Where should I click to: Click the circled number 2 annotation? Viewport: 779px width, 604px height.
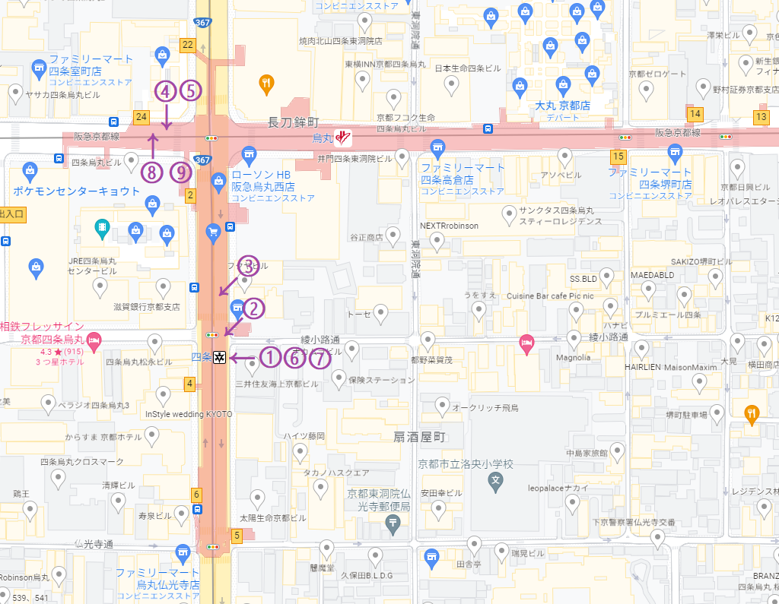[253, 308]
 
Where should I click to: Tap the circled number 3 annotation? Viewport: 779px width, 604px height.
[247, 267]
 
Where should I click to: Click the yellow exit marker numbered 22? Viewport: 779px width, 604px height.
[188, 45]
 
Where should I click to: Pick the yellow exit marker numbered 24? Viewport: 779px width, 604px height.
[141, 117]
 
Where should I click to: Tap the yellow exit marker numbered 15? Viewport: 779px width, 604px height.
[618, 157]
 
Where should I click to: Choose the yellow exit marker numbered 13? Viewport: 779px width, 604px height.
[761, 117]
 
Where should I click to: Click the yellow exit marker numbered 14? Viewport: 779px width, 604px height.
[695, 115]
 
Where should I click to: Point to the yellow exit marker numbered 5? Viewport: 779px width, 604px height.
[237, 536]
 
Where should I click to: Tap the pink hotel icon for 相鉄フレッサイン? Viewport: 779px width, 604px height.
[94, 340]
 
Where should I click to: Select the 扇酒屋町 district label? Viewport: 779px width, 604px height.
[418, 438]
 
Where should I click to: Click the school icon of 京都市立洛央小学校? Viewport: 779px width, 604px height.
[495, 480]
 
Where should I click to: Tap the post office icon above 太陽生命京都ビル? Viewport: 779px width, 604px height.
[393, 522]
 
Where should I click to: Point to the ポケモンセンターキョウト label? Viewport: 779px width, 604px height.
[77, 191]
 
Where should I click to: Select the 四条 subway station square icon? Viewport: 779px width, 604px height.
[219, 357]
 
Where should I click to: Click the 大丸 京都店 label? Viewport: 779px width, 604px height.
[563, 105]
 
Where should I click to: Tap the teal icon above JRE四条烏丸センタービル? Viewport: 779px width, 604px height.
[101, 226]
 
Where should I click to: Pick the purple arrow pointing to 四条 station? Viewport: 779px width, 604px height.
[243, 357]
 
